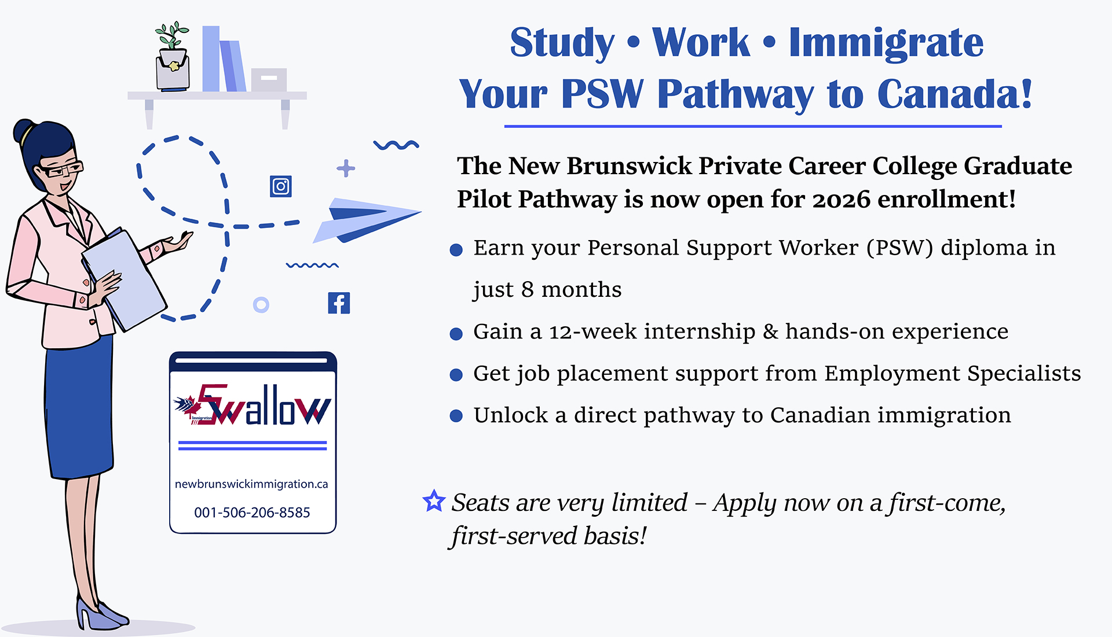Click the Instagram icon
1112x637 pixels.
(x=281, y=186)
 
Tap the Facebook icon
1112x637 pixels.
(x=339, y=303)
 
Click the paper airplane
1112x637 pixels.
(x=367, y=220)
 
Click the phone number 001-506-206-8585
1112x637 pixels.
(x=252, y=513)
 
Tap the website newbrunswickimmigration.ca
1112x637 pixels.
(x=251, y=484)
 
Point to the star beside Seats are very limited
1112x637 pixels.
(x=434, y=501)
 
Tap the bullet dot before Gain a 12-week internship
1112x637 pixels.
(x=456, y=334)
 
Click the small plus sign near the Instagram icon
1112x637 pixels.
(x=346, y=168)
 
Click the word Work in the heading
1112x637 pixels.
(x=701, y=43)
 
